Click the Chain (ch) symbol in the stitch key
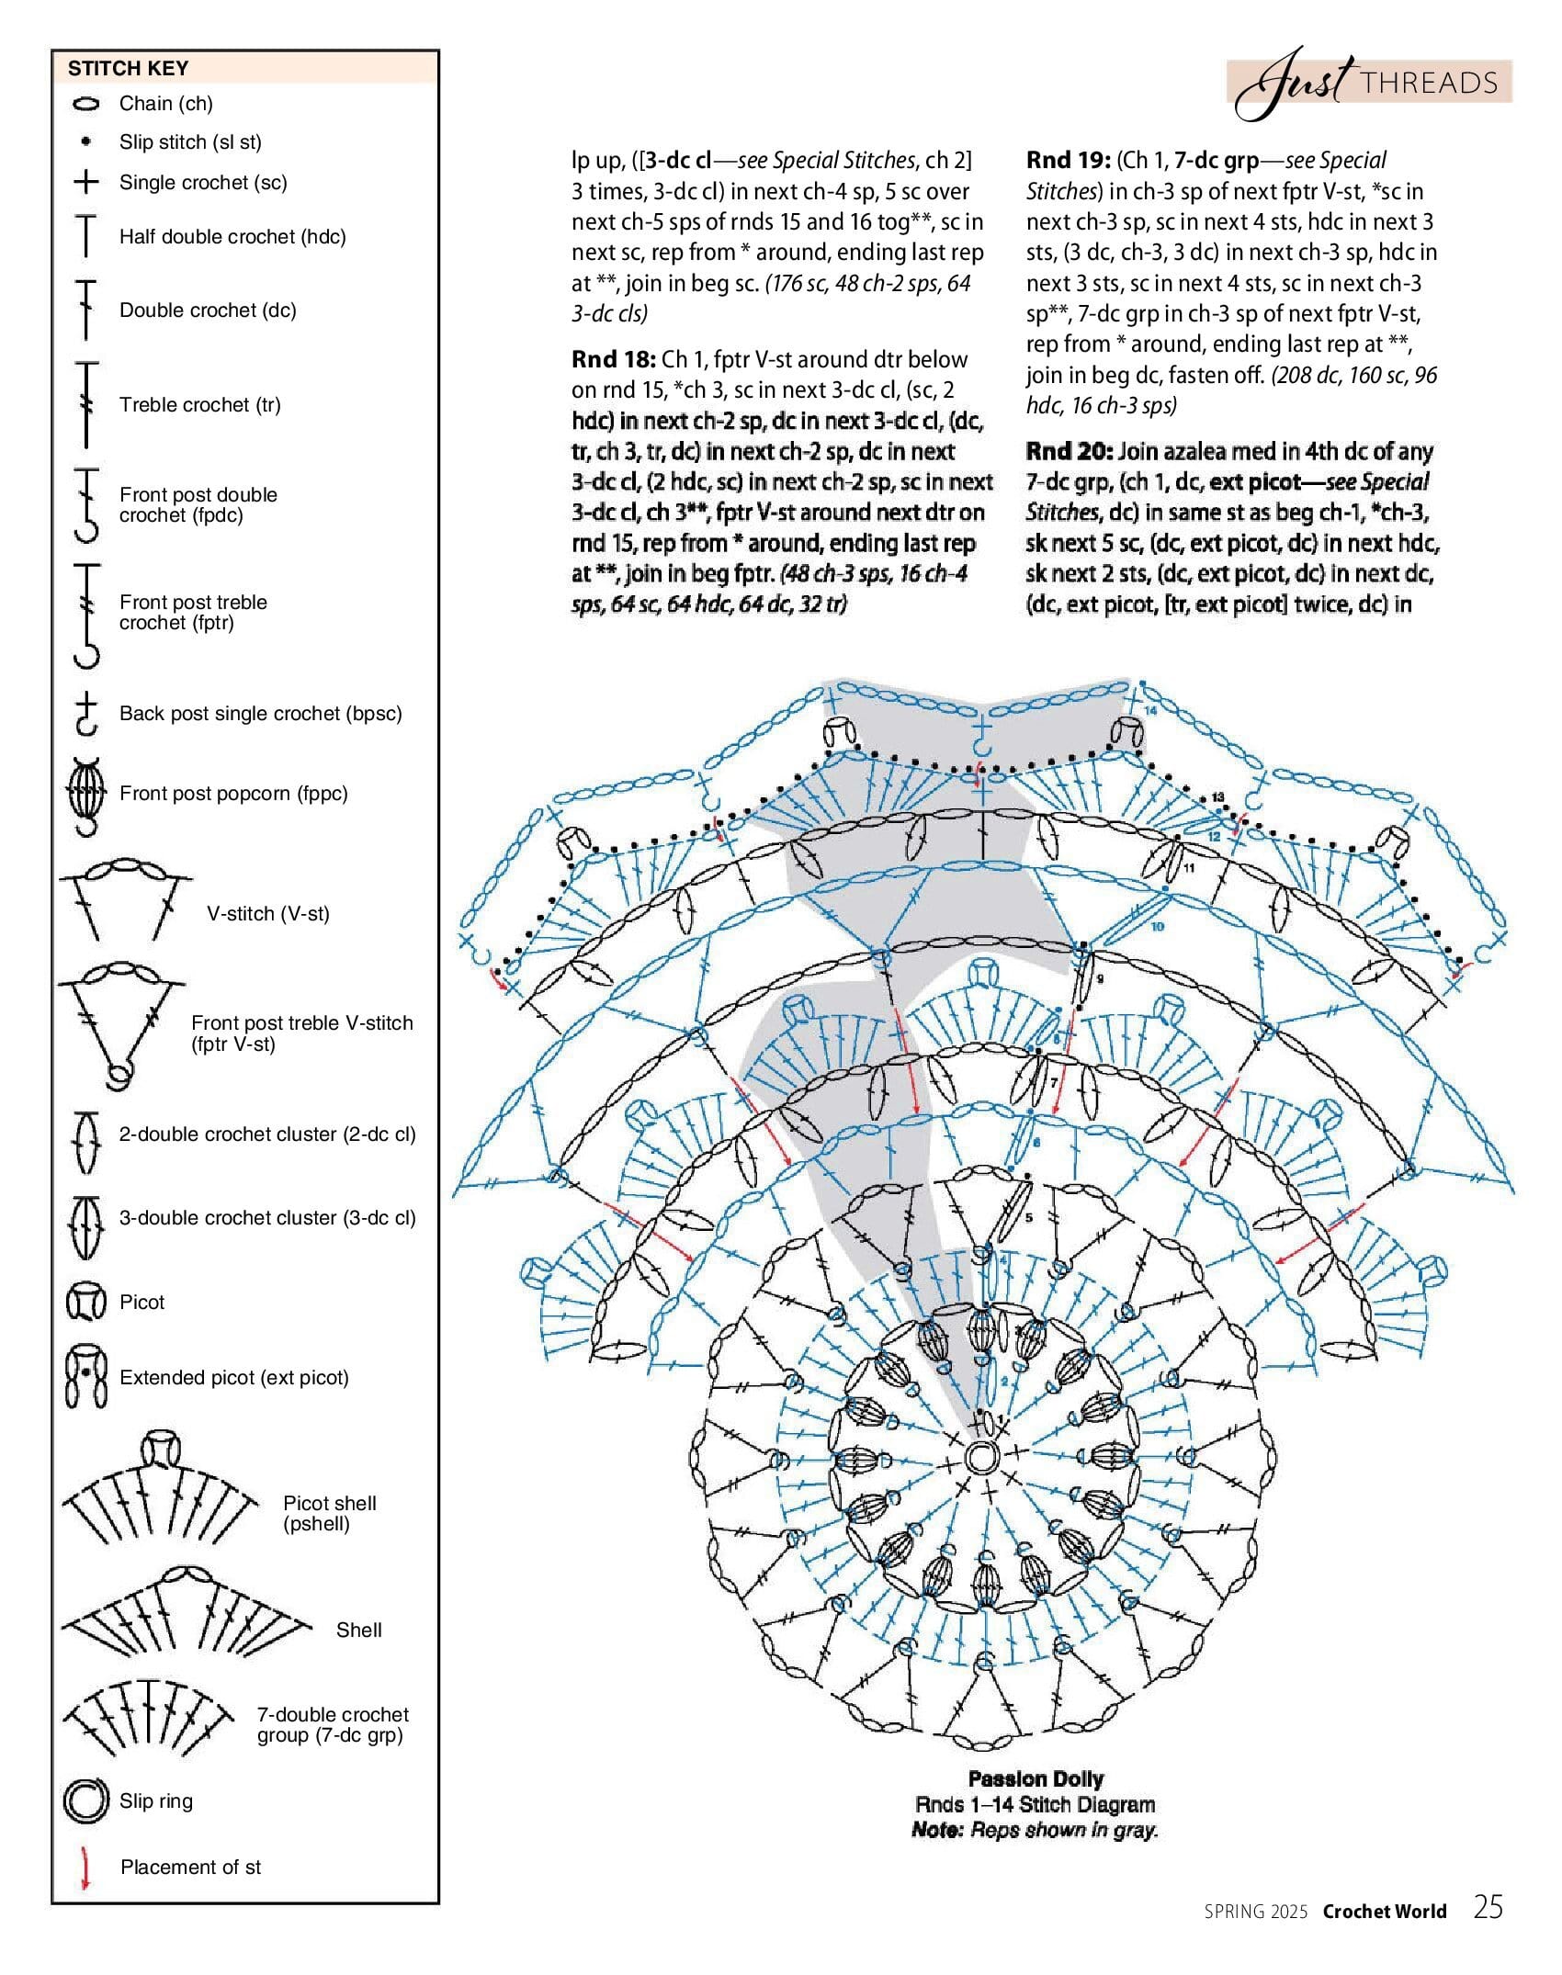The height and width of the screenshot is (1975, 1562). (x=85, y=105)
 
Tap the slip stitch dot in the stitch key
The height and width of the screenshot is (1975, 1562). (x=85, y=142)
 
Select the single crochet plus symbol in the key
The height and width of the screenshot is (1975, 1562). (x=85, y=182)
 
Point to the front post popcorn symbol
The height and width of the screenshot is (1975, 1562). (x=85, y=794)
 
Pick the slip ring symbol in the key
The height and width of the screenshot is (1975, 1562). (x=85, y=1800)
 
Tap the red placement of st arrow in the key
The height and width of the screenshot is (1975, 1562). (x=85, y=1868)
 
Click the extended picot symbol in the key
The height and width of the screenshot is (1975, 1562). (x=85, y=1378)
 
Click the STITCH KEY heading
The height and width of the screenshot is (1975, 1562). (x=128, y=68)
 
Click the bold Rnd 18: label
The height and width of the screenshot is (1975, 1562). (x=613, y=359)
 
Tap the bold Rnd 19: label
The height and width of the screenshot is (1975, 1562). (x=1068, y=161)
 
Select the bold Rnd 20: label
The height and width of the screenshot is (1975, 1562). (x=1069, y=452)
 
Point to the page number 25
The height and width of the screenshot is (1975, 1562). (x=1488, y=1909)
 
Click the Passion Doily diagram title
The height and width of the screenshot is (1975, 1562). (x=1036, y=1779)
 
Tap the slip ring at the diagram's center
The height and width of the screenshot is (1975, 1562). (x=981, y=1457)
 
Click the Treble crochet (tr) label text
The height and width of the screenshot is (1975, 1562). (x=199, y=405)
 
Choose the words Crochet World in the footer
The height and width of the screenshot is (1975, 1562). (x=1385, y=1912)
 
